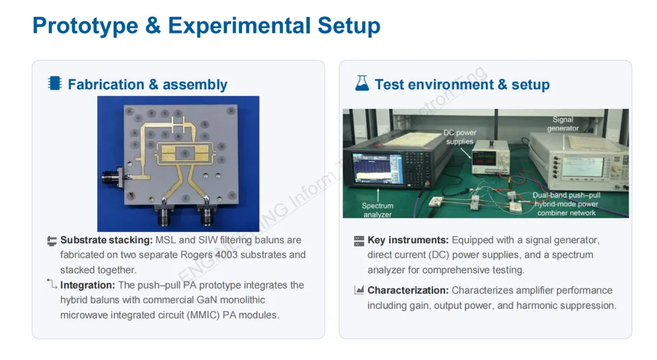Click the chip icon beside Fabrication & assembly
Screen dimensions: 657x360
(55, 83)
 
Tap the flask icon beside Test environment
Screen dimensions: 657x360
(362, 83)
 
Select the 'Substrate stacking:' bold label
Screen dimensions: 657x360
(106, 240)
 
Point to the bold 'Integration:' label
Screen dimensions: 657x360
(88, 285)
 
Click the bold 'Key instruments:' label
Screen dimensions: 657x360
(408, 240)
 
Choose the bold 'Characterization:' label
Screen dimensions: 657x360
(408, 291)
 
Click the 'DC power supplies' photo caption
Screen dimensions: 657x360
(459, 137)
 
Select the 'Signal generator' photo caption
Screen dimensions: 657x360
(563, 124)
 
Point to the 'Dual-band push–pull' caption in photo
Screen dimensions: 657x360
(566, 196)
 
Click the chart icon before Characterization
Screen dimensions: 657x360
(359, 291)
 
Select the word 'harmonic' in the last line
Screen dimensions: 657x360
(535, 305)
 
